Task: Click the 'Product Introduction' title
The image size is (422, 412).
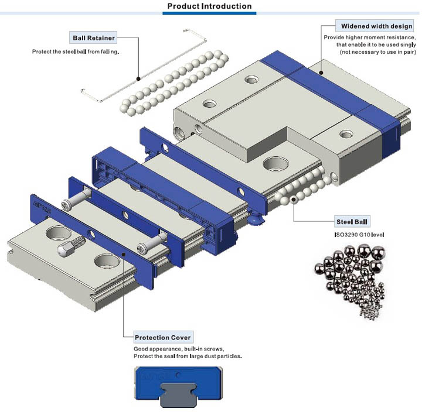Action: pos(209,6)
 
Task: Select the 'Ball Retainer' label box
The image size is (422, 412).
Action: pos(94,38)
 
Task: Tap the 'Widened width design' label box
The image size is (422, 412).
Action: pos(376,26)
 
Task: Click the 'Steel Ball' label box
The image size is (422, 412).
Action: pos(351,222)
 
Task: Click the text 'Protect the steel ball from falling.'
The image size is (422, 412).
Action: pos(76,51)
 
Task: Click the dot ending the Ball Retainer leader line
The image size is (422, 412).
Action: pos(138,78)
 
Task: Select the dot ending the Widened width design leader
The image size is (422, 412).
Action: pos(321,73)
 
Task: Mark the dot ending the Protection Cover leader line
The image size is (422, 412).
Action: pos(124,255)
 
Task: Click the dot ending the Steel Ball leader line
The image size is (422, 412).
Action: pos(292,200)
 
